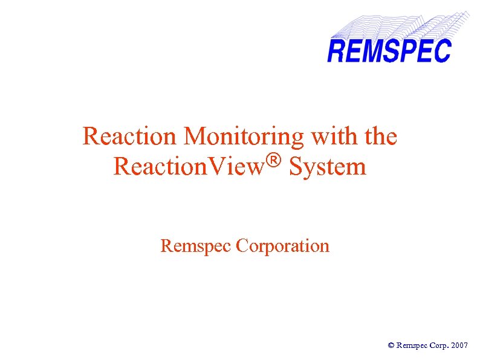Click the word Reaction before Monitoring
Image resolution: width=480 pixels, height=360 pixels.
pyautogui.click(x=130, y=137)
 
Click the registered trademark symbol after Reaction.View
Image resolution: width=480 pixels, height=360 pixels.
pyautogui.click(x=275, y=161)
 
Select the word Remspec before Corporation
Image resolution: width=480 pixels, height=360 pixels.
pyautogui.click(x=196, y=246)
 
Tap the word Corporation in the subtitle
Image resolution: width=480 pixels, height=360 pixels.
pyautogui.click(x=283, y=246)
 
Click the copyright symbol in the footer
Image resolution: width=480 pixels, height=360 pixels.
pyautogui.click(x=391, y=346)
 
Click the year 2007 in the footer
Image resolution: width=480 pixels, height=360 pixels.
pyautogui.click(x=459, y=346)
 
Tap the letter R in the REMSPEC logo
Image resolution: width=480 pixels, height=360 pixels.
pyautogui.click(x=337, y=51)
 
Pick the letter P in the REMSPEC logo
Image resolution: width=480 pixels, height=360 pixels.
pyautogui.click(x=412, y=51)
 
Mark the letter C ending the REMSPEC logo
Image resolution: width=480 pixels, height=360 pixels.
pyautogui.click(x=444, y=51)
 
